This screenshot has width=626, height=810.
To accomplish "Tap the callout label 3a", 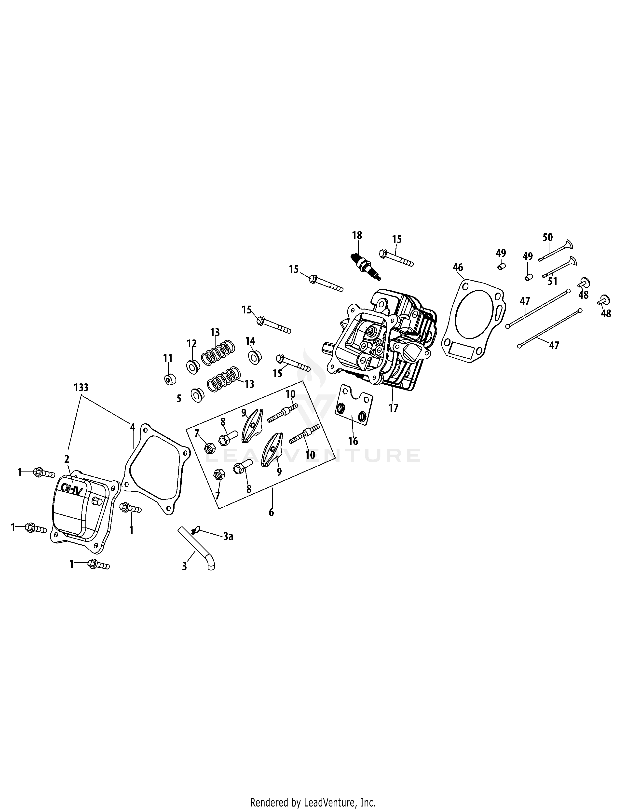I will click(x=228, y=536).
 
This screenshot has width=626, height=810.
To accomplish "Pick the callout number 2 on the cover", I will click(x=67, y=459).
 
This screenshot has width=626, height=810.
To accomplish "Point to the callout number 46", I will click(x=458, y=267).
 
